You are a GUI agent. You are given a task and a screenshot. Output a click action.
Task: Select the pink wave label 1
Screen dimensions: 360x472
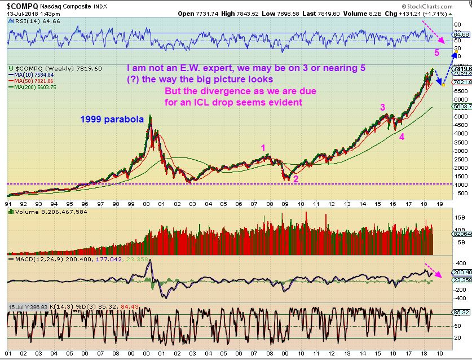tap(262, 148)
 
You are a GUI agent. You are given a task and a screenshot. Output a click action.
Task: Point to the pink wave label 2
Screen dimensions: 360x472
tap(296, 179)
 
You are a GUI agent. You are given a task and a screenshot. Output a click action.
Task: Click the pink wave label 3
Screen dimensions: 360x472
tap(382, 107)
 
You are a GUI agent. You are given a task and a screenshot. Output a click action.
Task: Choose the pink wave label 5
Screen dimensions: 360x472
tap(436, 53)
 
